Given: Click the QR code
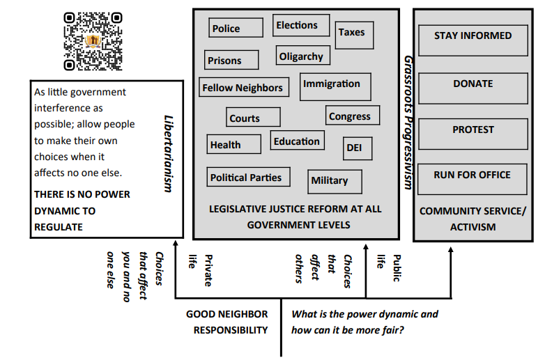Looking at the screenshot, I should (93, 42).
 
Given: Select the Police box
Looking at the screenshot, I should (236, 28).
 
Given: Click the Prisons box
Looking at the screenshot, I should (231, 61).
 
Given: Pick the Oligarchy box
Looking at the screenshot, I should (301, 56).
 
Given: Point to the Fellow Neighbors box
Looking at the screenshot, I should (244, 88).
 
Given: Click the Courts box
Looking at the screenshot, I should (253, 118).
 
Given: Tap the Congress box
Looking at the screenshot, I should (353, 116).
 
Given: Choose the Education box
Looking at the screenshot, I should (297, 141).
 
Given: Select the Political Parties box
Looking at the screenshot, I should (246, 178).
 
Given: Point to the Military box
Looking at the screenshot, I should (335, 181).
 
